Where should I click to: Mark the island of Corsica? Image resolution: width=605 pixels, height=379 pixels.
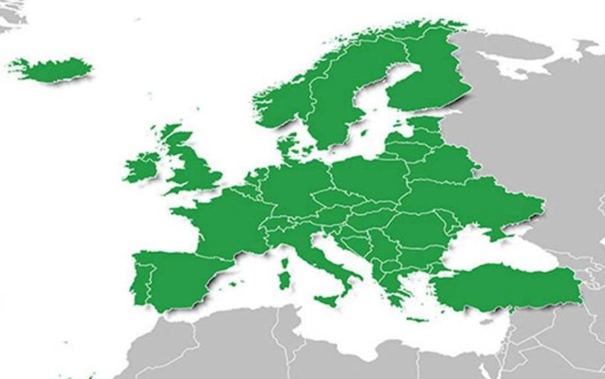285,262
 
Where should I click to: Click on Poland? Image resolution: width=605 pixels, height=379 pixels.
365,178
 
